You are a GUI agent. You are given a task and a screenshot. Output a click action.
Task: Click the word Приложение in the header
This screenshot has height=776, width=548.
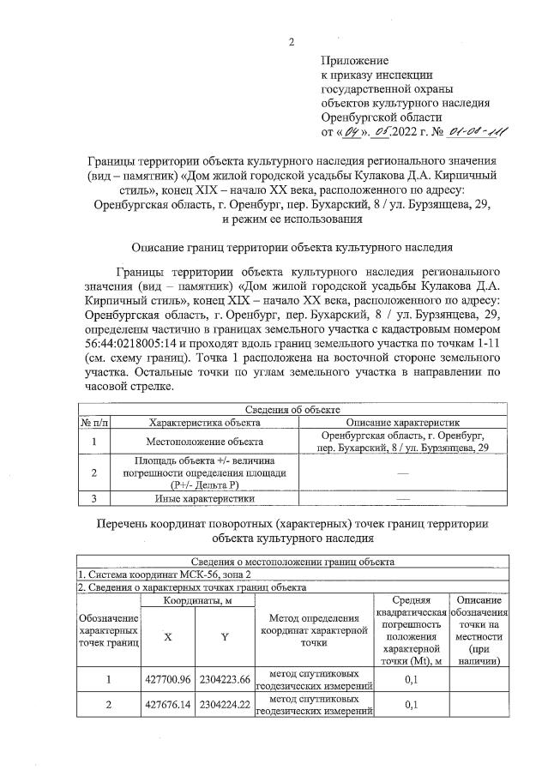click(355, 61)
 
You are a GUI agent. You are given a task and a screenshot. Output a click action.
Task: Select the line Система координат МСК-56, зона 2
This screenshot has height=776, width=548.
click(166, 574)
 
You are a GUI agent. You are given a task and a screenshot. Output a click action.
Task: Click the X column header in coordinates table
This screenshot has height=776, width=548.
click(166, 636)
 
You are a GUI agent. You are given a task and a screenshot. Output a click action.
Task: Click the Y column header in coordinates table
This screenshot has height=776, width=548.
click(225, 636)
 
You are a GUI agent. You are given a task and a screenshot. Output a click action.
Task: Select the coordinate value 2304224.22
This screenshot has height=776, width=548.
click(225, 705)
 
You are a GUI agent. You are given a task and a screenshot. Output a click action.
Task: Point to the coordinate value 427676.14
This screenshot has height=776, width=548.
click(167, 705)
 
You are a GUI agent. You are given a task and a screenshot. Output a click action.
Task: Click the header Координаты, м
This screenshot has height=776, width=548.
click(196, 602)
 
